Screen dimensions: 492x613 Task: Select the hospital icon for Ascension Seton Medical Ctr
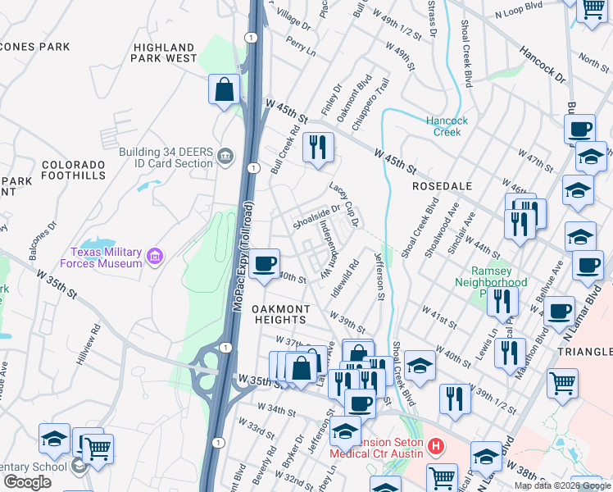(x=436, y=448)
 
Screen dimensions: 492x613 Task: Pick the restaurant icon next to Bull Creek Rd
(x=317, y=148)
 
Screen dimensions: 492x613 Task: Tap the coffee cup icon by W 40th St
(x=264, y=264)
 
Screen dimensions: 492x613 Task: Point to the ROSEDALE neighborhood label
(x=442, y=186)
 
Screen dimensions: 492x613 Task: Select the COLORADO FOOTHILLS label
(x=74, y=170)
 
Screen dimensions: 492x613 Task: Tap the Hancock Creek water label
(x=447, y=126)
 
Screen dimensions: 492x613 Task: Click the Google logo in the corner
(x=27, y=482)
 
